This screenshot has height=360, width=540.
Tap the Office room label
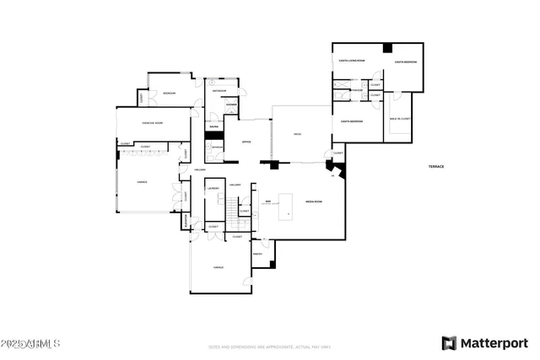(x=246, y=142)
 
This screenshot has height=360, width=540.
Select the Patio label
(x=297, y=134)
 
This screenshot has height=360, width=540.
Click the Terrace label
(x=435, y=167)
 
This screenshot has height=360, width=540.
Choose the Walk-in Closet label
(x=400, y=119)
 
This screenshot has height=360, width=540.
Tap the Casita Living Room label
(x=350, y=61)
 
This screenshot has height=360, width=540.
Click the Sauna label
(x=214, y=127)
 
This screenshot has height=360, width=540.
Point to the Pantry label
(x=257, y=254)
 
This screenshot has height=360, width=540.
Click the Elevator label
(x=186, y=221)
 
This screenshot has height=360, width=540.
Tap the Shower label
(x=230, y=105)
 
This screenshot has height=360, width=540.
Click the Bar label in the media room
(x=267, y=201)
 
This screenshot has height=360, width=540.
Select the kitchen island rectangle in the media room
(x=286, y=207)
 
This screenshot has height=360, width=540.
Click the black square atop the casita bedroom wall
(x=387, y=48)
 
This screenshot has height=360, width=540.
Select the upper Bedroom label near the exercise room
(x=169, y=93)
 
